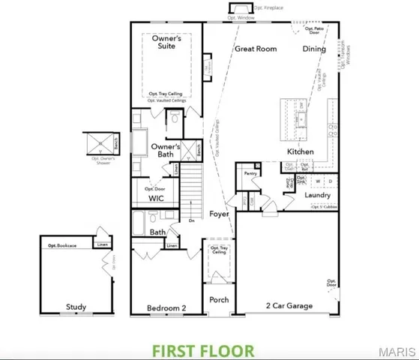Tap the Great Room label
click(x=256, y=49)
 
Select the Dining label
click(x=315, y=49)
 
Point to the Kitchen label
click(x=300, y=151)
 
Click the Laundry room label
click(x=318, y=195)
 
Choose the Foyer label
click(x=218, y=214)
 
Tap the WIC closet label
click(x=156, y=199)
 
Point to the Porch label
click(x=219, y=300)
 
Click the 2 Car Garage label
click(x=289, y=306)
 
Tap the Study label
click(x=76, y=307)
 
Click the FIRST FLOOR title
click(x=203, y=349)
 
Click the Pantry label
click(x=250, y=172)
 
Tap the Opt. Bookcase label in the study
click(x=62, y=245)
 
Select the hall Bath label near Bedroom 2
click(x=157, y=232)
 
